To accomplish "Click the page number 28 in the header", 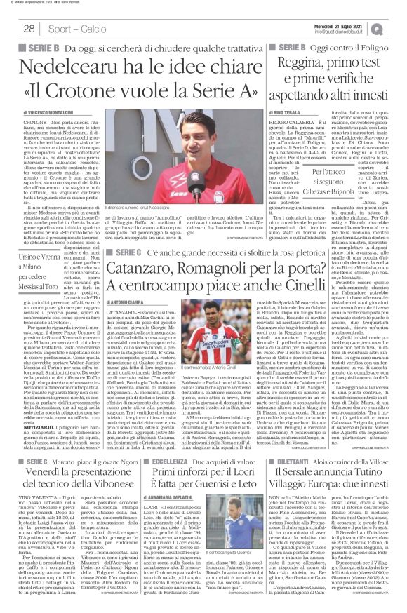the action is click(29, 29).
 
